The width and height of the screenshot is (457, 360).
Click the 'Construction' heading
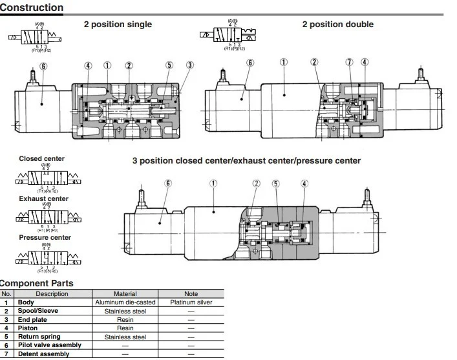(x=32, y=8)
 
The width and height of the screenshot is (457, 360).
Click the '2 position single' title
(x=118, y=25)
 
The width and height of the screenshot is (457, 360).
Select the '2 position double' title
(x=337, y=25)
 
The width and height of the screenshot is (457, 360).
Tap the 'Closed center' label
(x=41, y=158)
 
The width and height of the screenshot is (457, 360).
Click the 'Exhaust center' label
(x=43, y=198)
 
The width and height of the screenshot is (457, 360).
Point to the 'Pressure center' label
(x=45, y=237)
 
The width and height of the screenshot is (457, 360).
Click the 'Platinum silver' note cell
(x=191, y=302)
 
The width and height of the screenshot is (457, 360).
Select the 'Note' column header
(x=191, y=294)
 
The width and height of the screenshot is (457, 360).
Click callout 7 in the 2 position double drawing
(x=349, y=62)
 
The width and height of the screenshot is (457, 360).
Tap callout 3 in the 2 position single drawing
(x=189, y=65)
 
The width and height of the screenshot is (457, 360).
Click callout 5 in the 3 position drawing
(x=275, y=184)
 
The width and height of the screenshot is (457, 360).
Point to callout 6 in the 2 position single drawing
(x=43, y=65)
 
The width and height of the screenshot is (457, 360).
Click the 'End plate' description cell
(x=32, y=319)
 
